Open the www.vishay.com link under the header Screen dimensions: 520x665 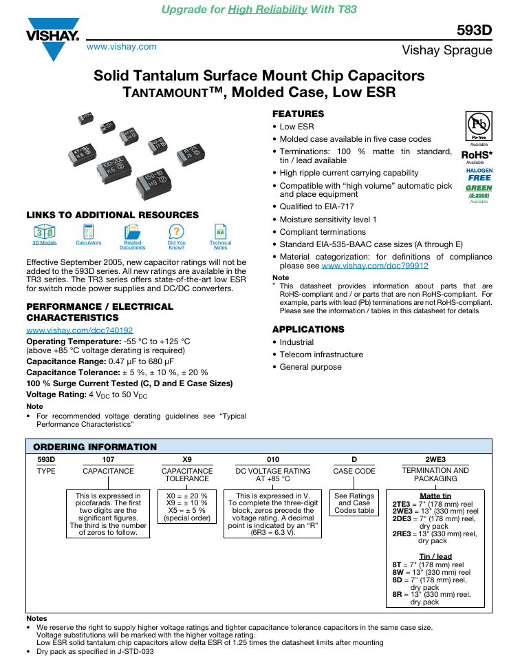122,47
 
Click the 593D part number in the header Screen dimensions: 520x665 474,30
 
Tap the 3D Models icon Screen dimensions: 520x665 45,231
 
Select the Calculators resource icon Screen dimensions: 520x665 89,231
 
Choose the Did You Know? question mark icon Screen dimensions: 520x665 176,231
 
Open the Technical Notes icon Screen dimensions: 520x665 220,231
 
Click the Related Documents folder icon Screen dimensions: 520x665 132,232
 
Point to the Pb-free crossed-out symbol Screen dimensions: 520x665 479,125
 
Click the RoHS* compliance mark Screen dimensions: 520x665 477,155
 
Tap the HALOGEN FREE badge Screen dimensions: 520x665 479,174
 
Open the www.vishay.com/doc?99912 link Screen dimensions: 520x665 375,266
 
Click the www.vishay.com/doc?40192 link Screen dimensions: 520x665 80,330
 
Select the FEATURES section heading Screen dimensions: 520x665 298,114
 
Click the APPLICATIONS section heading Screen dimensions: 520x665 308,329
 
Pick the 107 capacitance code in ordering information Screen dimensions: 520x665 108,459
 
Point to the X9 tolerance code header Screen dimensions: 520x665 187,459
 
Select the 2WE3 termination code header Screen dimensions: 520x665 435,459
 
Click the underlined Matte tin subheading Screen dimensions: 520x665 435,496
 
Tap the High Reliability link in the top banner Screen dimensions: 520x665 268,10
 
